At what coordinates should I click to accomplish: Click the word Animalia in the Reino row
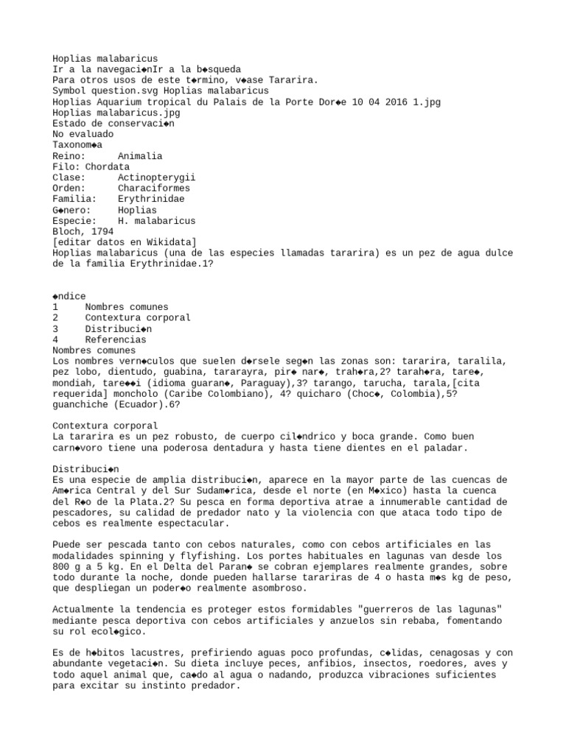click(140, 156)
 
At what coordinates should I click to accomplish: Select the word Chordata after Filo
click(107, 167)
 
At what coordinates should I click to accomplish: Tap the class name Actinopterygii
click(156, 177)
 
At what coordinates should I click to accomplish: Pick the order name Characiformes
click(153, 188)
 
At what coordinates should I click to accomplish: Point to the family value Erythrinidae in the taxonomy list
click(151, 199)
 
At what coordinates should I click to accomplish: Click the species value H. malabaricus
click(156, 221)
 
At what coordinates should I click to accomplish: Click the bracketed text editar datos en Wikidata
click(124, 242)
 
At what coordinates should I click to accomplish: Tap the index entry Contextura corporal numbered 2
click(137, 318)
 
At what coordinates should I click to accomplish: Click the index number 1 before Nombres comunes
click(55, 307)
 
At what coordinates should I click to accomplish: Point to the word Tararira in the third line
click(292, 80)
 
